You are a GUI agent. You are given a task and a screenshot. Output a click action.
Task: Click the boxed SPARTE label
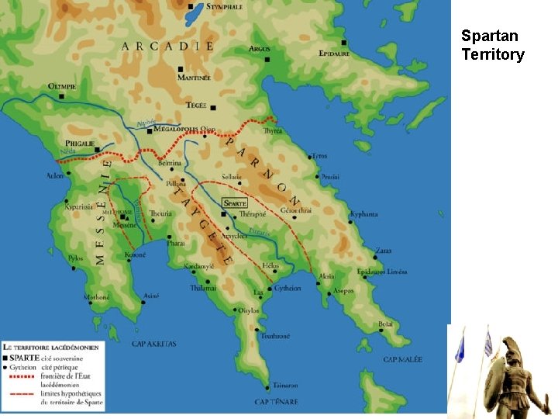[233, 203]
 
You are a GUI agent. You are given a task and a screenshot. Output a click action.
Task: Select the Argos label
[260, 49]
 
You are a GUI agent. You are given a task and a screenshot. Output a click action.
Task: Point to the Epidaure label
[334, 54]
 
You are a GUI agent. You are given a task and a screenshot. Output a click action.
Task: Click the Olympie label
[62, 86]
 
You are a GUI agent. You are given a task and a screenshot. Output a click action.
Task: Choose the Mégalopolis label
[176, 130]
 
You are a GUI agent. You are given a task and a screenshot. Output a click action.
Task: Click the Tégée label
[196, 106]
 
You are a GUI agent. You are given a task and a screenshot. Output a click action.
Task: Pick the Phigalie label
[80, 143]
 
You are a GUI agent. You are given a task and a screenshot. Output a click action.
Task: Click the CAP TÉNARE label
[277, 402]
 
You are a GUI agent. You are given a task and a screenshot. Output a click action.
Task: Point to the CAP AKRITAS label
[154, 344]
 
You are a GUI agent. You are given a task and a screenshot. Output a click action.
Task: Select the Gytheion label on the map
[288, 287]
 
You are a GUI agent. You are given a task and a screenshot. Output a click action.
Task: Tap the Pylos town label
[76, 258]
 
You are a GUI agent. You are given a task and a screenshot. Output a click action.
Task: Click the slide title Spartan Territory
[492, 45]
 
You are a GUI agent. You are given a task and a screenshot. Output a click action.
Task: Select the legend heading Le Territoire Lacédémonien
[52, 347]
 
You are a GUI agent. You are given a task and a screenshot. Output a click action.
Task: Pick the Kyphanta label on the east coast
[363, 214]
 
